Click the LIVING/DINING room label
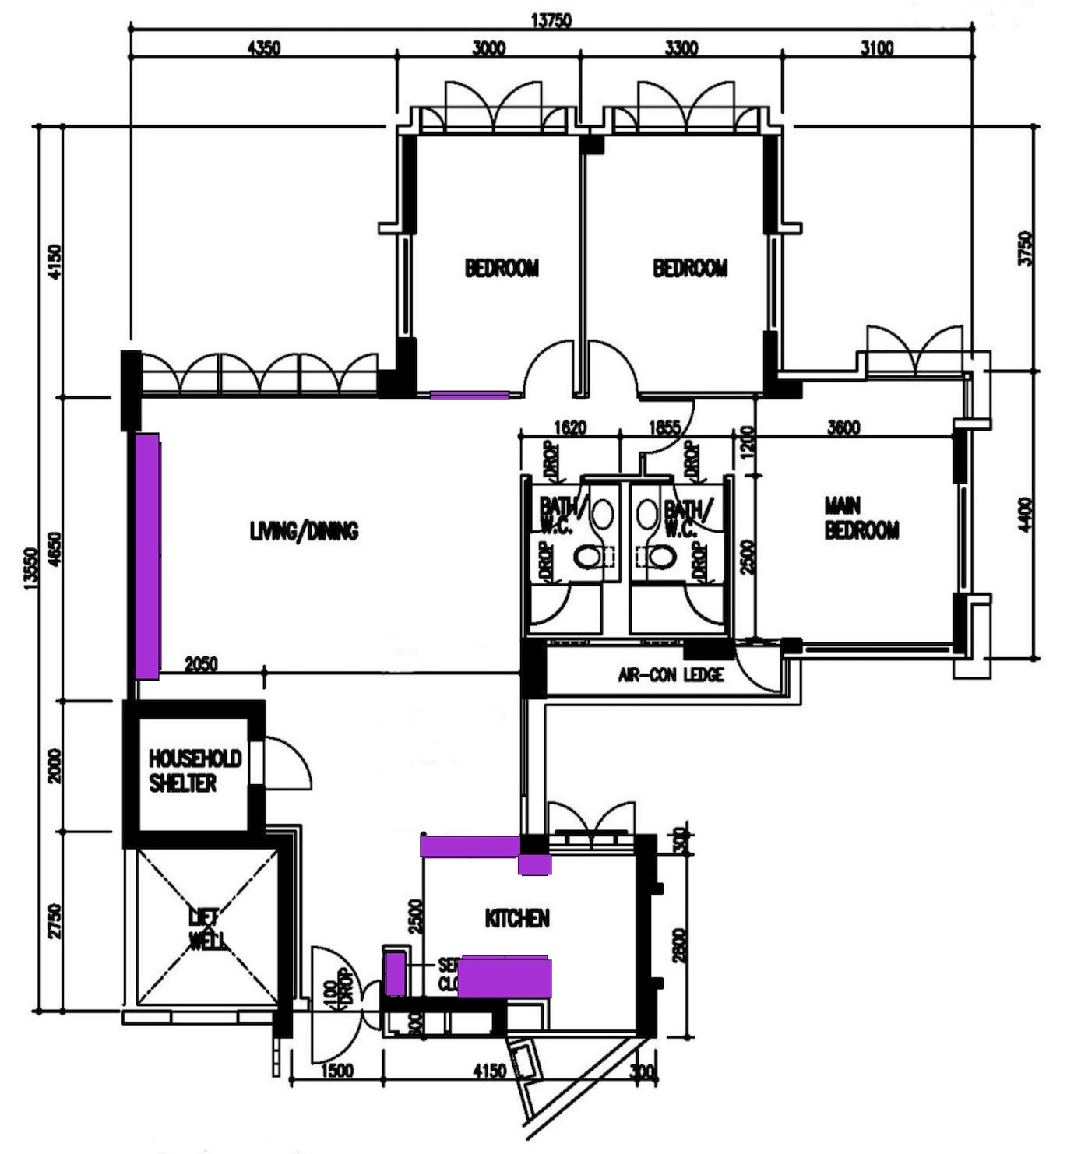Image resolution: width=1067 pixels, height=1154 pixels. coord(304,532)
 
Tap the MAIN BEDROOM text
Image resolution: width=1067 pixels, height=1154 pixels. coord(861,519)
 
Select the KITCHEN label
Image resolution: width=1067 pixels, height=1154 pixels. coord(517,919)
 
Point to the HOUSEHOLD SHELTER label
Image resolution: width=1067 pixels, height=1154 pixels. coord(195,771)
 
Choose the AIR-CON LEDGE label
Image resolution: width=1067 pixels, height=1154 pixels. coord(671,675)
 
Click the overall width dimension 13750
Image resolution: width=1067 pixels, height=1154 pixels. coord(551,20)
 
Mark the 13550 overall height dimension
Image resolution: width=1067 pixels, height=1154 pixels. coord(31,569)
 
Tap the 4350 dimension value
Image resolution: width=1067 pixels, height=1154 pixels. coord(263,48)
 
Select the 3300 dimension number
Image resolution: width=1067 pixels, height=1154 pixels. coord(681,48)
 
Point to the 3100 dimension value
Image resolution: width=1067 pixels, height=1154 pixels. coord(876,48)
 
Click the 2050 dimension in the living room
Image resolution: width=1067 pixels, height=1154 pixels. coord(201,664)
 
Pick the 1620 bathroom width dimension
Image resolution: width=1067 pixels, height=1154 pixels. coord(569,427)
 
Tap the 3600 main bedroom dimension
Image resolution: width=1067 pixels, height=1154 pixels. coord(843,427)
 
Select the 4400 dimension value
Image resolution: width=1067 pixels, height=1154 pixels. coord(1026,515)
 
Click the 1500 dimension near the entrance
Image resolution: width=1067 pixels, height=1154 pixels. coord(336,1071)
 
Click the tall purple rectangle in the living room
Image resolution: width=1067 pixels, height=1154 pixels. coord(147,556)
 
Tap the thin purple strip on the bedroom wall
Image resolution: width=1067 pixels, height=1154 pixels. coord(469,396)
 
